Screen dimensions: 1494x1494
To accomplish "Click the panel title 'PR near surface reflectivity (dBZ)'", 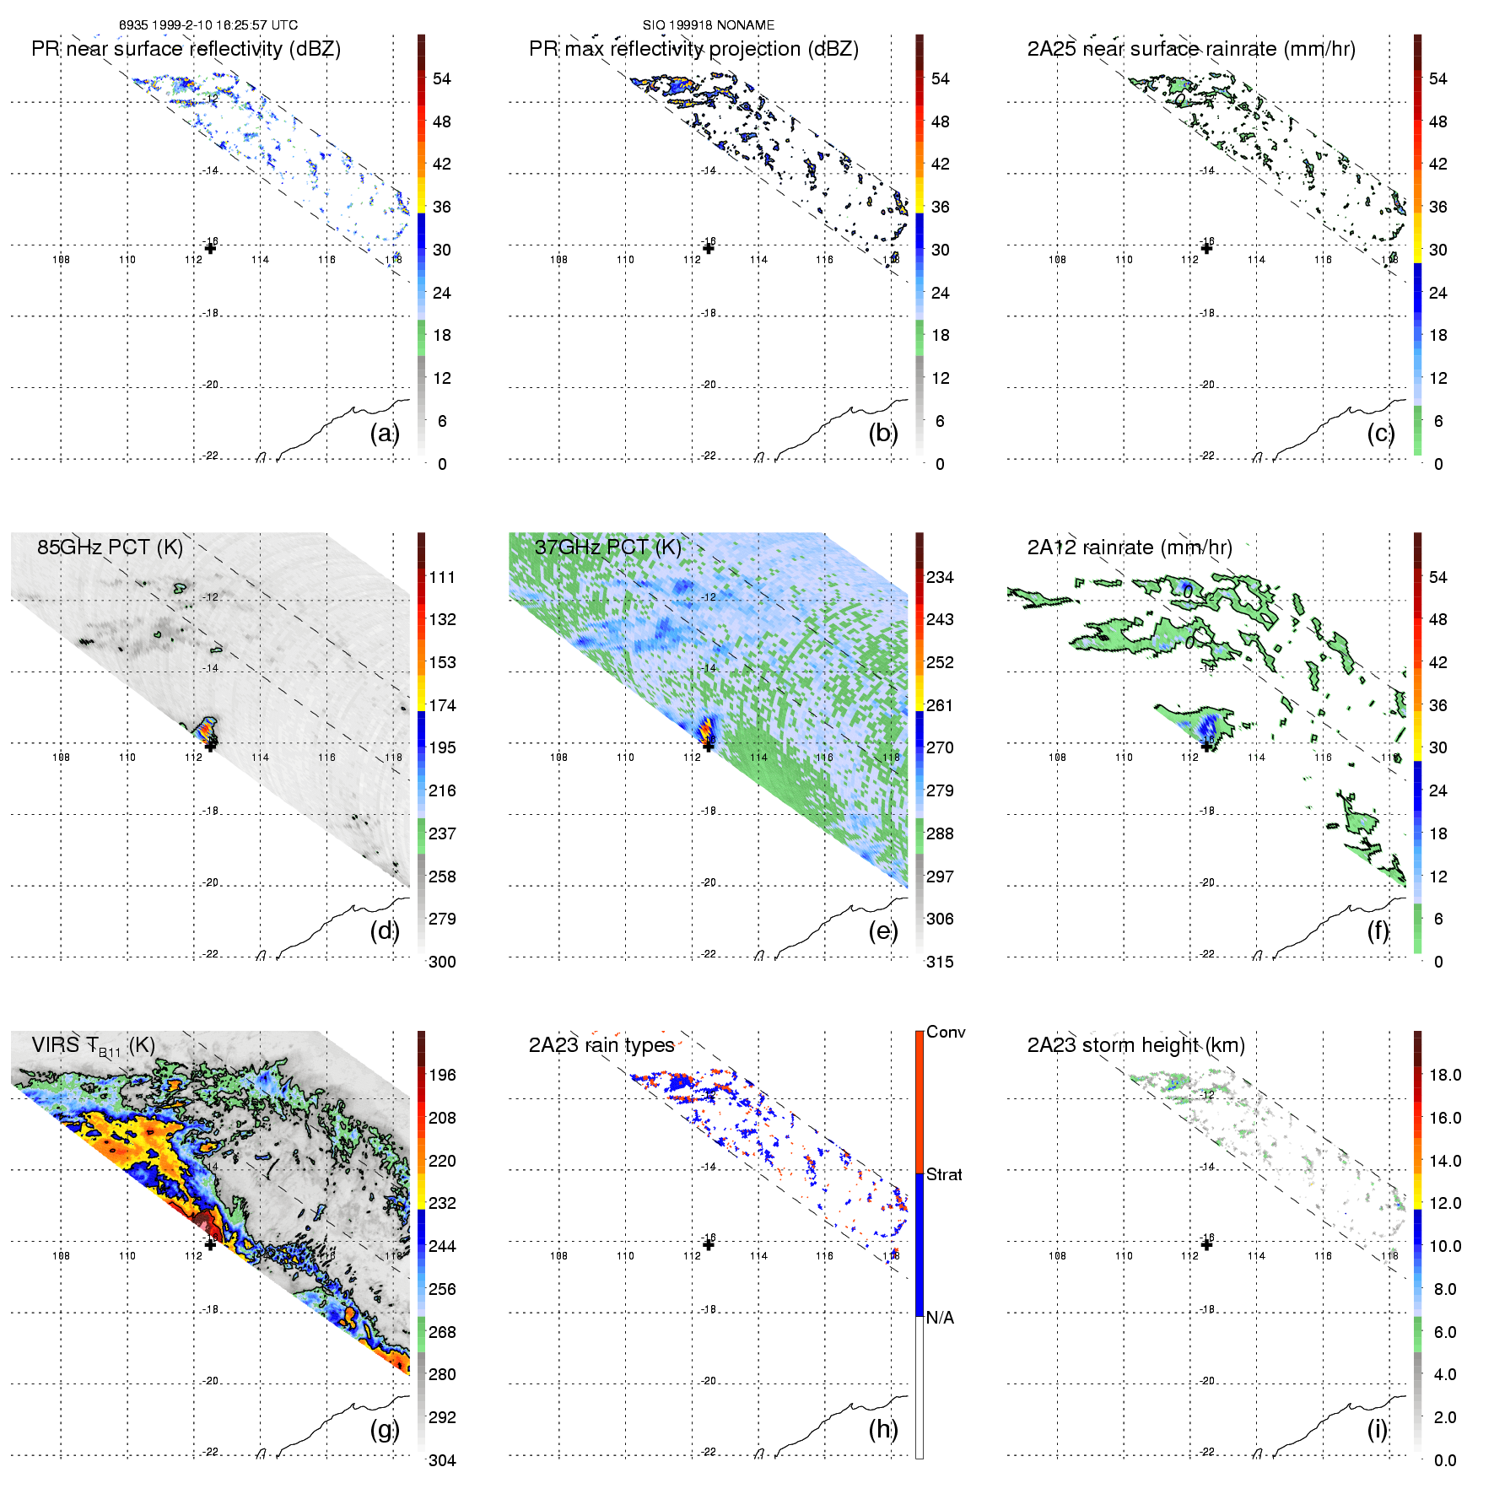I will click(x=186, y=49).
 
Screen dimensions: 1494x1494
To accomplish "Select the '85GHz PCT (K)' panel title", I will click(x=110, y=547).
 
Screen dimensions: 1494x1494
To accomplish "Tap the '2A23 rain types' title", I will click(x=601, y=1045).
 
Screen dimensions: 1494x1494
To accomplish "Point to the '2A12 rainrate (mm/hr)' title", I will click(x=1130, y=547).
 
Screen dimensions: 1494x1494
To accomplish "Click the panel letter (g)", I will click(x=384, y=1429).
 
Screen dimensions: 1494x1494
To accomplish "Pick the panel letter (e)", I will click(x=882, y=930).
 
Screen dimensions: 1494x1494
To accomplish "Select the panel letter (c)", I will click(x=1380, y=433).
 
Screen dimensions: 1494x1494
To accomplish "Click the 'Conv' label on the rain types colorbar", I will click(x=946, y=1032).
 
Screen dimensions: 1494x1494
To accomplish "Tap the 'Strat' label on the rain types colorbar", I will click(x=944, y=1174).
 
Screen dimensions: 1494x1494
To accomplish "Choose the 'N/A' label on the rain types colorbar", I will click(x=940, y=1318).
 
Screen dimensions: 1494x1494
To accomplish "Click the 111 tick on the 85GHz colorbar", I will click(x=442, y=577).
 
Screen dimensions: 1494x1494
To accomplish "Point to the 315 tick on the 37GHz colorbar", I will click(x=940, y=962).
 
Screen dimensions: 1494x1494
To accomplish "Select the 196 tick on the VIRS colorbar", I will click(x=442, y=1075).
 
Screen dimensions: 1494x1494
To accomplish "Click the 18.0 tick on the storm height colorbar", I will click(x=1445, y=1075).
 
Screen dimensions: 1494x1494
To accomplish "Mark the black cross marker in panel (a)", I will click(x=210, y=247).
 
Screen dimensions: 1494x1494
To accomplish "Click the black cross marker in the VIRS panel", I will click(x=210, y=1243).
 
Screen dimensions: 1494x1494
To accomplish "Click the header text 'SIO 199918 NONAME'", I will click(x=709, y=25).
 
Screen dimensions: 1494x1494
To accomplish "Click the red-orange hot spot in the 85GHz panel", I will click(x=205, y=730).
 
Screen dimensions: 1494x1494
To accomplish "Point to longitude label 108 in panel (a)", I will click(x=61, y=259).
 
